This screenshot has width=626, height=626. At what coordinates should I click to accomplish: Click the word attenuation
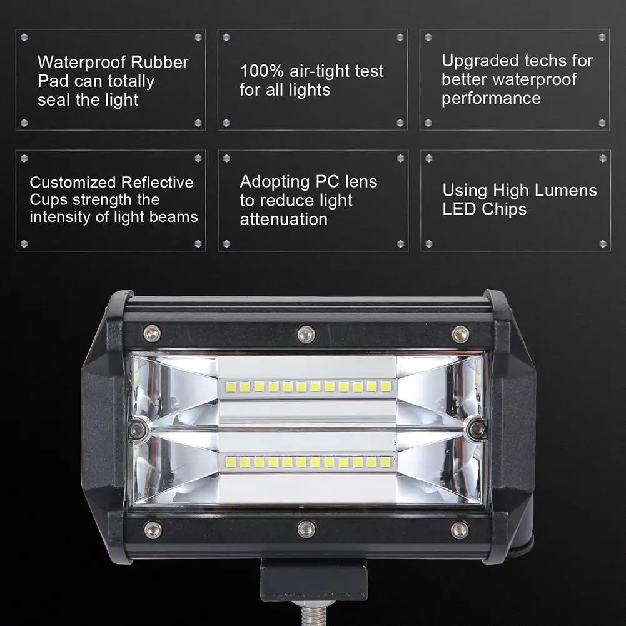tap(283, 219)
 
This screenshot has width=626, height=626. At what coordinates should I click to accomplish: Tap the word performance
tap(491, 98)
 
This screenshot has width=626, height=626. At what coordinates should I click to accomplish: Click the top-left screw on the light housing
tap(152, 333)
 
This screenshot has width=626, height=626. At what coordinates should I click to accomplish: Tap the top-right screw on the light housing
tap(460, 334)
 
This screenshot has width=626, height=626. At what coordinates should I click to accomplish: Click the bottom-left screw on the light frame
tap(153, 530)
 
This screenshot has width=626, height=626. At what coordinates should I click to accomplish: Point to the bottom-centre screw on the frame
tap(306, 530)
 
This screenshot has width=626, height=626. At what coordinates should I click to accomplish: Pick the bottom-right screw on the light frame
tap(460, 529)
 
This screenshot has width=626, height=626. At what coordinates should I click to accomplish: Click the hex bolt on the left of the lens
tap(139, 429)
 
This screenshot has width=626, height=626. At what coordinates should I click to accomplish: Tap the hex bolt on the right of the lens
tap(478, 429)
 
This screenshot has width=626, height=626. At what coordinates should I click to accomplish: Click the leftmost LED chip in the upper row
tap(230, 386)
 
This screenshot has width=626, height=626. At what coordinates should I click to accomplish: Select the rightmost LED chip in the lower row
tap(386, 462)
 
